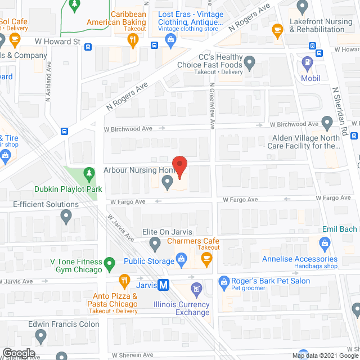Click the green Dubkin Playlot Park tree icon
pyautogui.click(x=87, y=173)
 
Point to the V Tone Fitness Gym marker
pyautogui.click(x=111, y=262)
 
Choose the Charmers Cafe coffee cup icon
pyautogui.click(x=206, y=259)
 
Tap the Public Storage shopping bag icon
pyautogui.click(x=181, y=259)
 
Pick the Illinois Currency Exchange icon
pyautogui.click(x=196, y=290)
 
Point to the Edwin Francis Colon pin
pyautogui.click(x=40, y=336)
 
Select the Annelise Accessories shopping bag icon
pyautogui.click(x=323, y=244)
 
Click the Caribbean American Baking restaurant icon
pyautogui.click(x=133, y=39)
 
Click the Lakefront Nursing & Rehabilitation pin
pyautogui.click(x=303, y=7)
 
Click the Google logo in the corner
pyautogui.click(x=19, y=353)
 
